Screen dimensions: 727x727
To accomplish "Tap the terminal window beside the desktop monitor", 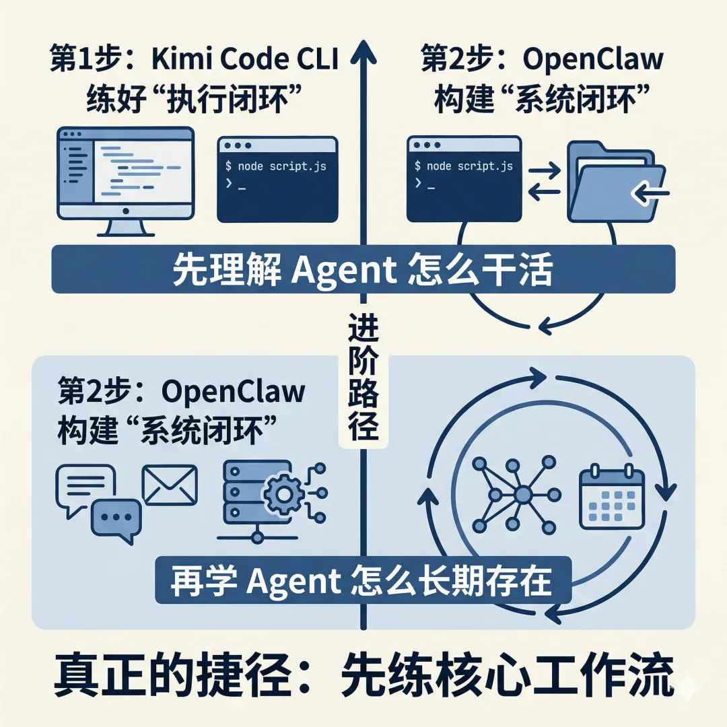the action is pyautogui.click(x=277, y=179).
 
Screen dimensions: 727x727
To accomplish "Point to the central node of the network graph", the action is pyautogui.click(x=522, y=496).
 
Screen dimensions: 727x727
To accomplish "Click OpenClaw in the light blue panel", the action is pyautogui.click(x=233, y=392).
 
